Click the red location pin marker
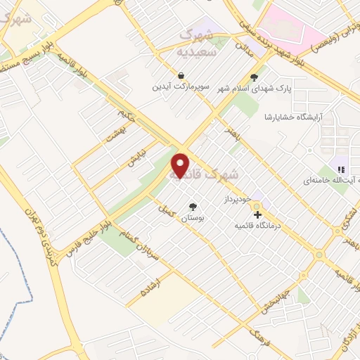click(181, 165)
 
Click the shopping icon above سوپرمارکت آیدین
click(181, 76)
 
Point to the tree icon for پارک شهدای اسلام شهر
click(254, 77)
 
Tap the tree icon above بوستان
click(193, 206)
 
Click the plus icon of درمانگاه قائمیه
click(257, 214)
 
